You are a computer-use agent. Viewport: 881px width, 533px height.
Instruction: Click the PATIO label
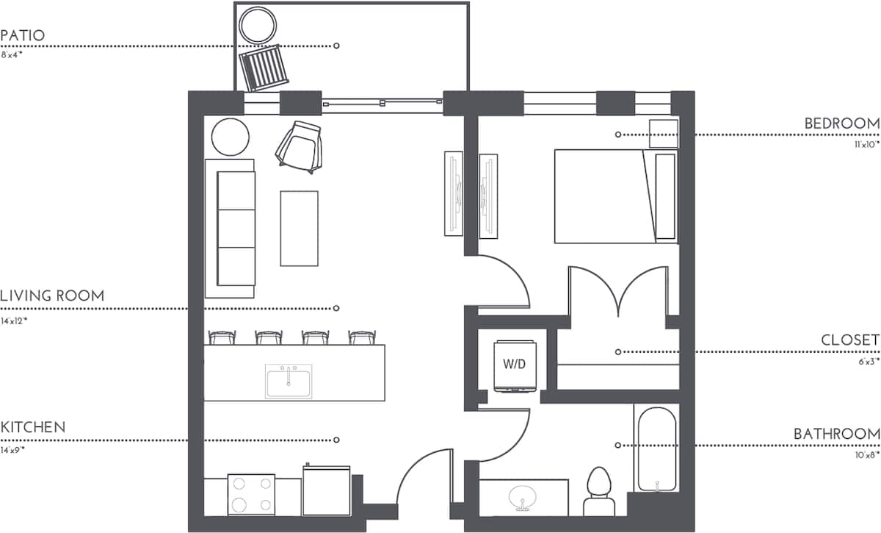tap(23, 35)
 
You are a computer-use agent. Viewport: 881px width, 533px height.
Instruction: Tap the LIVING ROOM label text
tap(52, 296)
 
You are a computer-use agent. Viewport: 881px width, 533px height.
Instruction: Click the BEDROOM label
tap(841, 124)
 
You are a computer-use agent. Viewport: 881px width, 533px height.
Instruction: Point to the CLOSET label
tap(850, 340)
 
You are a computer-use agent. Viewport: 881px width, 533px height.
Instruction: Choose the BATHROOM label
tap(836, 434)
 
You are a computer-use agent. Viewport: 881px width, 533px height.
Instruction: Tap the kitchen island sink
tap(289, 381)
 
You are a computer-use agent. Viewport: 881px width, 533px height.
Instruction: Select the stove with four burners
tap(251, 495)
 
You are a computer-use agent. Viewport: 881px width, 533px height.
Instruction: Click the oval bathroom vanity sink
tap(523, 498)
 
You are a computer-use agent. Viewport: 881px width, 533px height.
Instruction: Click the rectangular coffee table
tap(299, 228)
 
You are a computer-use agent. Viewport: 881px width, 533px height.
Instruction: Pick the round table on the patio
tap(258, 25)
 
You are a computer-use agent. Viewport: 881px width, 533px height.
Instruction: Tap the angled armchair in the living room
tap(300, 146)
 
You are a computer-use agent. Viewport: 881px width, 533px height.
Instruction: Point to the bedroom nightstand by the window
tap(664, 134)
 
